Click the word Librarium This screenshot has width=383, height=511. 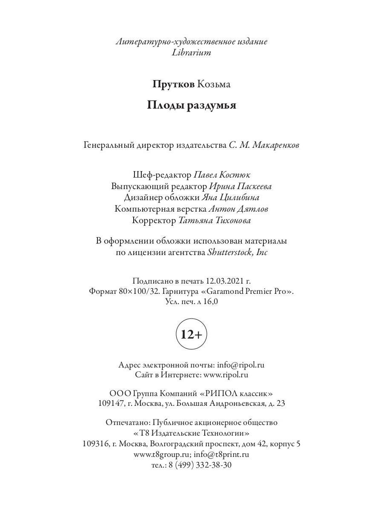click(191, 53)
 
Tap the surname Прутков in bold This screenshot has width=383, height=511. click(174, 84)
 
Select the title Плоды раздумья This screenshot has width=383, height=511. click(191, 105)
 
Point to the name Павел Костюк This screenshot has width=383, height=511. click(222, 175)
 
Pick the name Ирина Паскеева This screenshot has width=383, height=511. click(240, 187)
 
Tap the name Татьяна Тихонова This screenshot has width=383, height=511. click(214, 221)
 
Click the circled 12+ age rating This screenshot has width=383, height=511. click(191, 335)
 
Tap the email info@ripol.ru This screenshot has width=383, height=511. click(241, 365)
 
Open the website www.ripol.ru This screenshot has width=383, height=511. click(226, 375)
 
